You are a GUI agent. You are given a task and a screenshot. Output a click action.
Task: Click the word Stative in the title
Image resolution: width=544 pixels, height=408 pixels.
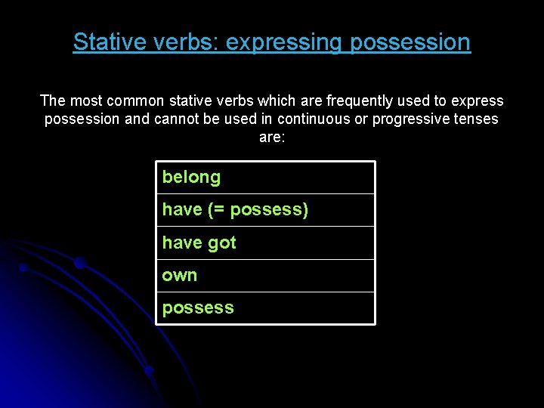(x=105, y=42)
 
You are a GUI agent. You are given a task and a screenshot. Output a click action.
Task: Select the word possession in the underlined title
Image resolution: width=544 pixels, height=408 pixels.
(x=410, y=42)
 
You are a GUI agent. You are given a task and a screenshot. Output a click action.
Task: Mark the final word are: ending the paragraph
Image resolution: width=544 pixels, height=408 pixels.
(x=272, y=138)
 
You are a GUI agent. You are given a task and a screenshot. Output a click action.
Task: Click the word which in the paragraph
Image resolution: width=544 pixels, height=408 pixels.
(x=277, y=100)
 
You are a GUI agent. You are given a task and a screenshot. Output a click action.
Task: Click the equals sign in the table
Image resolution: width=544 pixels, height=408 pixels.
(x=218, y=210)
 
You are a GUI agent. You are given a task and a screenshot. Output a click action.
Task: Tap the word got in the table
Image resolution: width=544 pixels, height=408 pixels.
(x=222, y=243)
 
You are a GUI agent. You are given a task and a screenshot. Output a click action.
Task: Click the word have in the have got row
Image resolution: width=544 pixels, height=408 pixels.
(x=182, y=243)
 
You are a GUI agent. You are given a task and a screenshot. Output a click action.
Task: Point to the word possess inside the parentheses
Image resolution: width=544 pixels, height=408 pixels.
(x=265, y=210)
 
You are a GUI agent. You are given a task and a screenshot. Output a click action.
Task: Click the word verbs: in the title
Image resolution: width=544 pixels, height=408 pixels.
(x=182, y=42)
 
